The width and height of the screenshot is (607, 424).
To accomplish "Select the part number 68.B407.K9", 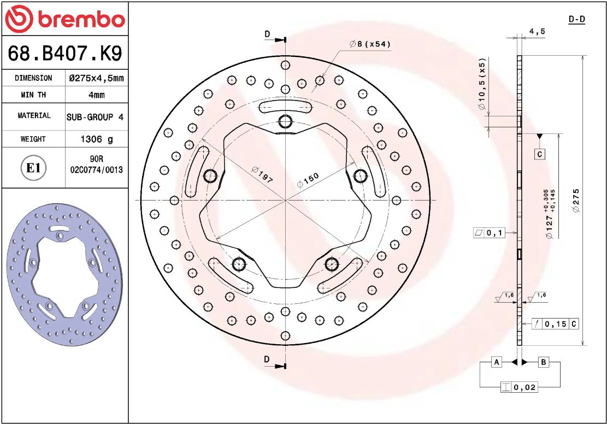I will pyautogui.click(x=64, y=54).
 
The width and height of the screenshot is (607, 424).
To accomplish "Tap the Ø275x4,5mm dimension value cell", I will pyautogui.click(x=96, y=78).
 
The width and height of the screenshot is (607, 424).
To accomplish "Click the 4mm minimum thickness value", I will pyautogui.click(x=96, y=95).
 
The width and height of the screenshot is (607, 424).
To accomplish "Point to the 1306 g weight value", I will pyautogui.click(x=96, y=139).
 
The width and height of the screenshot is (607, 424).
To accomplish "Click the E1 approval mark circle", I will pyautogui.click(x=33, y=168).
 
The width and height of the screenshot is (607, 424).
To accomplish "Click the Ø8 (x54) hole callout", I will pyautogui.click(x=370, y=44).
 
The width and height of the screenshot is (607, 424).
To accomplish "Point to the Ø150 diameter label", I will pyautogui.click(x=308, y=180).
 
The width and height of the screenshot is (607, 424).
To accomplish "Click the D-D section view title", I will pyautogui.click(x=576, y=20).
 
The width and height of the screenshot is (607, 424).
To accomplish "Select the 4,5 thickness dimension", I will pyautogui.click(x=537, y=32).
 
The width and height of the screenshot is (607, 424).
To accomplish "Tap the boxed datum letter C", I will pyautogui.click(x=539, y=154).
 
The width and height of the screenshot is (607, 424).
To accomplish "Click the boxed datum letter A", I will pyautogui.click(x=496, y=362).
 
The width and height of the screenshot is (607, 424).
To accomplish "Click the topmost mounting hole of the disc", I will pyautogui.click(x=285, y=121).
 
